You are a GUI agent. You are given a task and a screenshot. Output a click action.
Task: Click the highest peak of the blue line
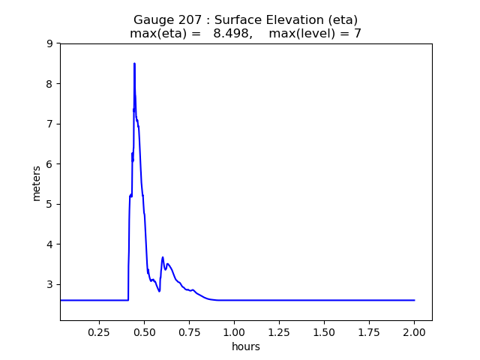pyautogui.click(x=134, y=64)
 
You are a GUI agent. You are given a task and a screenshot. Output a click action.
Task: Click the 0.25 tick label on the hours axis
pyautogui.click(x=99, y=331)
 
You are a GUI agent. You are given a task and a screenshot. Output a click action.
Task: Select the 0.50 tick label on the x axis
pyautogui.click(x=144, y=331)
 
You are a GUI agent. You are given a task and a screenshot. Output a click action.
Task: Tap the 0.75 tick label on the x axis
pyautogui.click(x=189, y=331)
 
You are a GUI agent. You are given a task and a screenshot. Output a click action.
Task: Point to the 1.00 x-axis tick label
pyautogui.click(x=234, y=331)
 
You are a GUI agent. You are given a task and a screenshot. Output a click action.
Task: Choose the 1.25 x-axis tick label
pyautogui.click(x=279, y=331)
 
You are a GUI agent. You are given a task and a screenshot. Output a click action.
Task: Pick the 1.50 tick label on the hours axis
pyautogui.click(x=324, y=331)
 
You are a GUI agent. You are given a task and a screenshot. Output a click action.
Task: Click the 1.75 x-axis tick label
pyautogui.click(x=369, y=331)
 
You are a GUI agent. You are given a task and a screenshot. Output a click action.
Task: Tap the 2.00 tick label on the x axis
pyautogui.click(x=414, y=331)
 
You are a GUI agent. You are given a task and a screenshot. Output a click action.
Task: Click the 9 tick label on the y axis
pyautogui.click(x=49, y=43)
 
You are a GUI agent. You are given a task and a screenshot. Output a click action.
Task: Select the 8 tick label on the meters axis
pyautogui.click(x=49, y=84)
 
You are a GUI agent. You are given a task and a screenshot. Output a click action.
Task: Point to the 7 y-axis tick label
pyautogui.click(x=49, y=124)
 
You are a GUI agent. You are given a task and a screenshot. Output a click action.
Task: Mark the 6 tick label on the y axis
pyautogui.click(x=49, y=164)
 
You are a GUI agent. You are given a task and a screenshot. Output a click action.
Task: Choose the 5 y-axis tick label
pyautogui.click(x=49, y=204)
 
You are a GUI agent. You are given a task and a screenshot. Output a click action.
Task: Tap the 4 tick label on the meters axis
pyautogui.click(x=49, y=244)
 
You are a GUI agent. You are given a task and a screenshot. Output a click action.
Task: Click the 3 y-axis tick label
pyautogui.click(x=49, y=284)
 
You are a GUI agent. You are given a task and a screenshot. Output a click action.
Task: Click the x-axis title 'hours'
pyautogui.click(x=246, y=346)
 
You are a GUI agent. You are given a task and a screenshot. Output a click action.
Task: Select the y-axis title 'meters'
pyautogui.click(x=37, y=182)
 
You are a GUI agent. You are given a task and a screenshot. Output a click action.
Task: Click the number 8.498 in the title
pyautogui.click(x=231, y=34)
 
